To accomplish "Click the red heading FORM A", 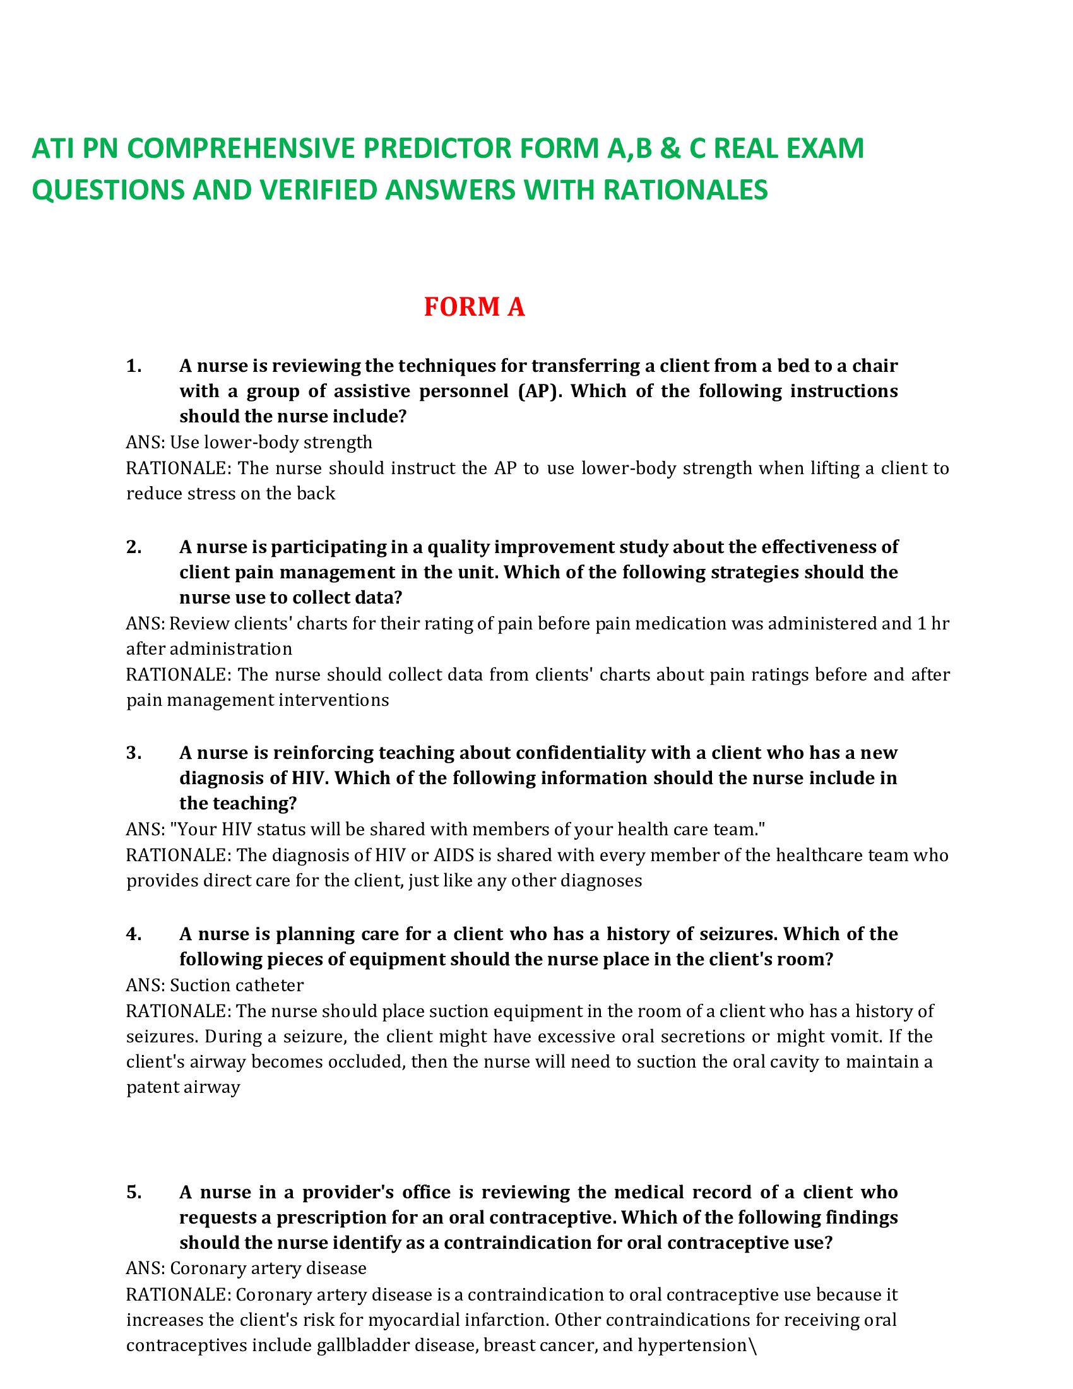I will [x=473, y=307].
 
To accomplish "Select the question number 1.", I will [x=133, y=366].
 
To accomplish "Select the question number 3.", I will [x=133, y=753].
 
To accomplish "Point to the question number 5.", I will [x=133, y=1192].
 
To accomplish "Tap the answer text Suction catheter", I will [x=237, y=985].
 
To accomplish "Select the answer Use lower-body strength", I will [x=271, y=442].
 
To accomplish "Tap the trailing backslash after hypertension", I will [x=752, y=1346].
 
